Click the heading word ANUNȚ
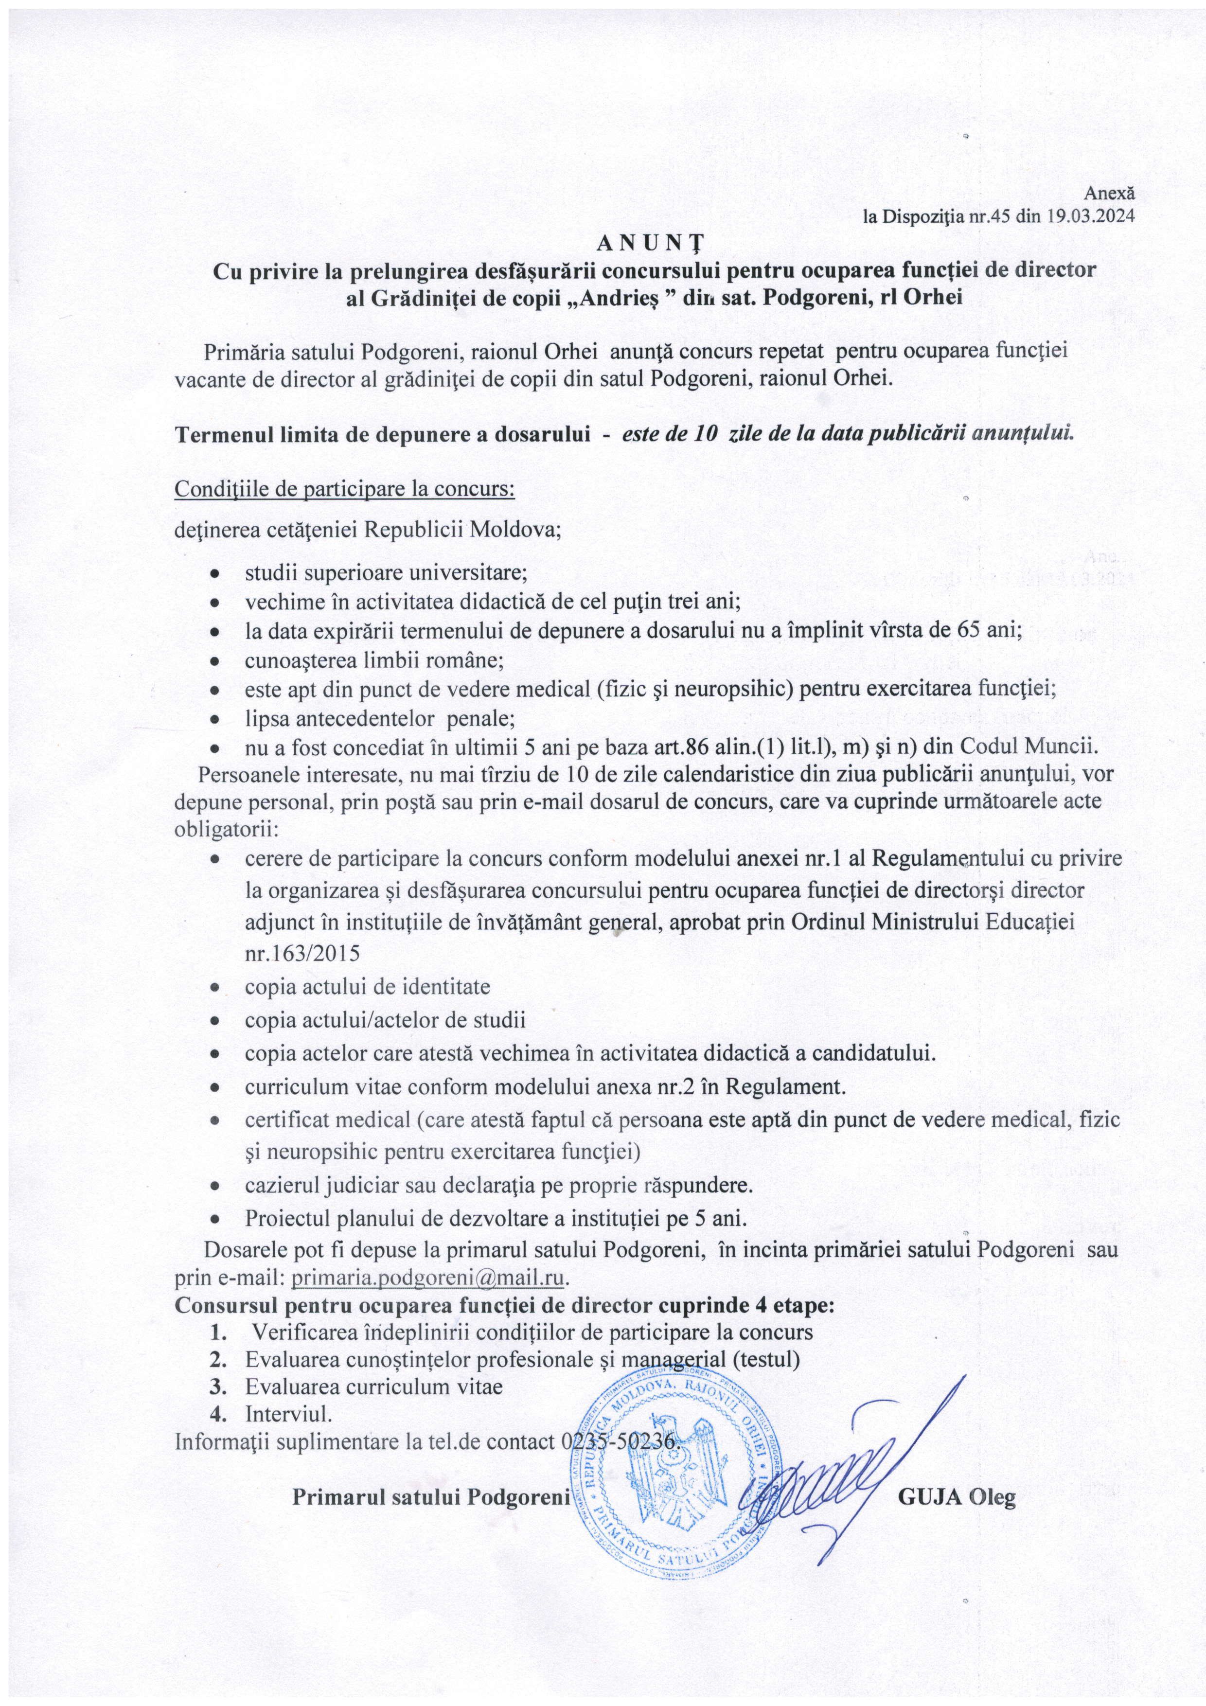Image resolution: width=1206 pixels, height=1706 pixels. pos(654,243)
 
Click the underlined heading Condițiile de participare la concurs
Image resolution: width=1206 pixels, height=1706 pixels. pos(344,490)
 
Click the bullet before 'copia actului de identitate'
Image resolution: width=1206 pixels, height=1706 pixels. pos(214,988)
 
